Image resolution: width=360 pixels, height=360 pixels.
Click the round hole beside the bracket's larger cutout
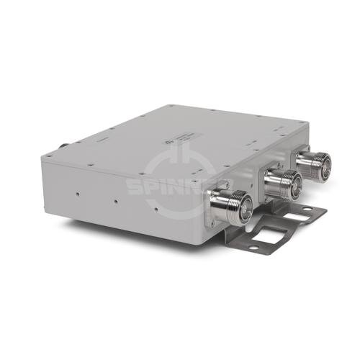(253, 248)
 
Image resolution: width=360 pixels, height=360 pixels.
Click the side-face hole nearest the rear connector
(76, 193)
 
